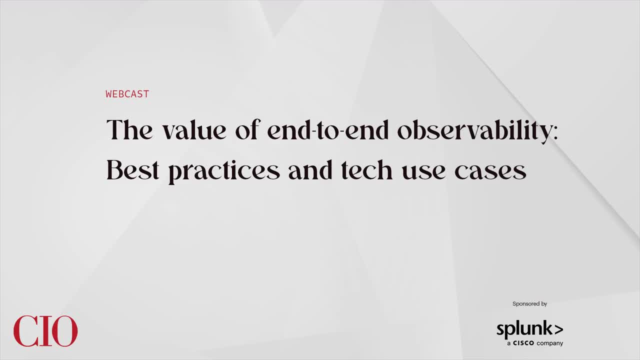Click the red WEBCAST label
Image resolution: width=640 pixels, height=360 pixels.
127,94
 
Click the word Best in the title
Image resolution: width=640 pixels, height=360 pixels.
132,170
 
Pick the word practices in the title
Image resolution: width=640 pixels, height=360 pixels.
224,172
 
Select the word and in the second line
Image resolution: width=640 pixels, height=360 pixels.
310,170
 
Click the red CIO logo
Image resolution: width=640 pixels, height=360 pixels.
45,331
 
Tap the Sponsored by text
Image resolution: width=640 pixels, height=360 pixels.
529,303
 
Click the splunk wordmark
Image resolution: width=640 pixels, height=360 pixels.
523,330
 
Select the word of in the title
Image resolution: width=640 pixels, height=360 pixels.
247,130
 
